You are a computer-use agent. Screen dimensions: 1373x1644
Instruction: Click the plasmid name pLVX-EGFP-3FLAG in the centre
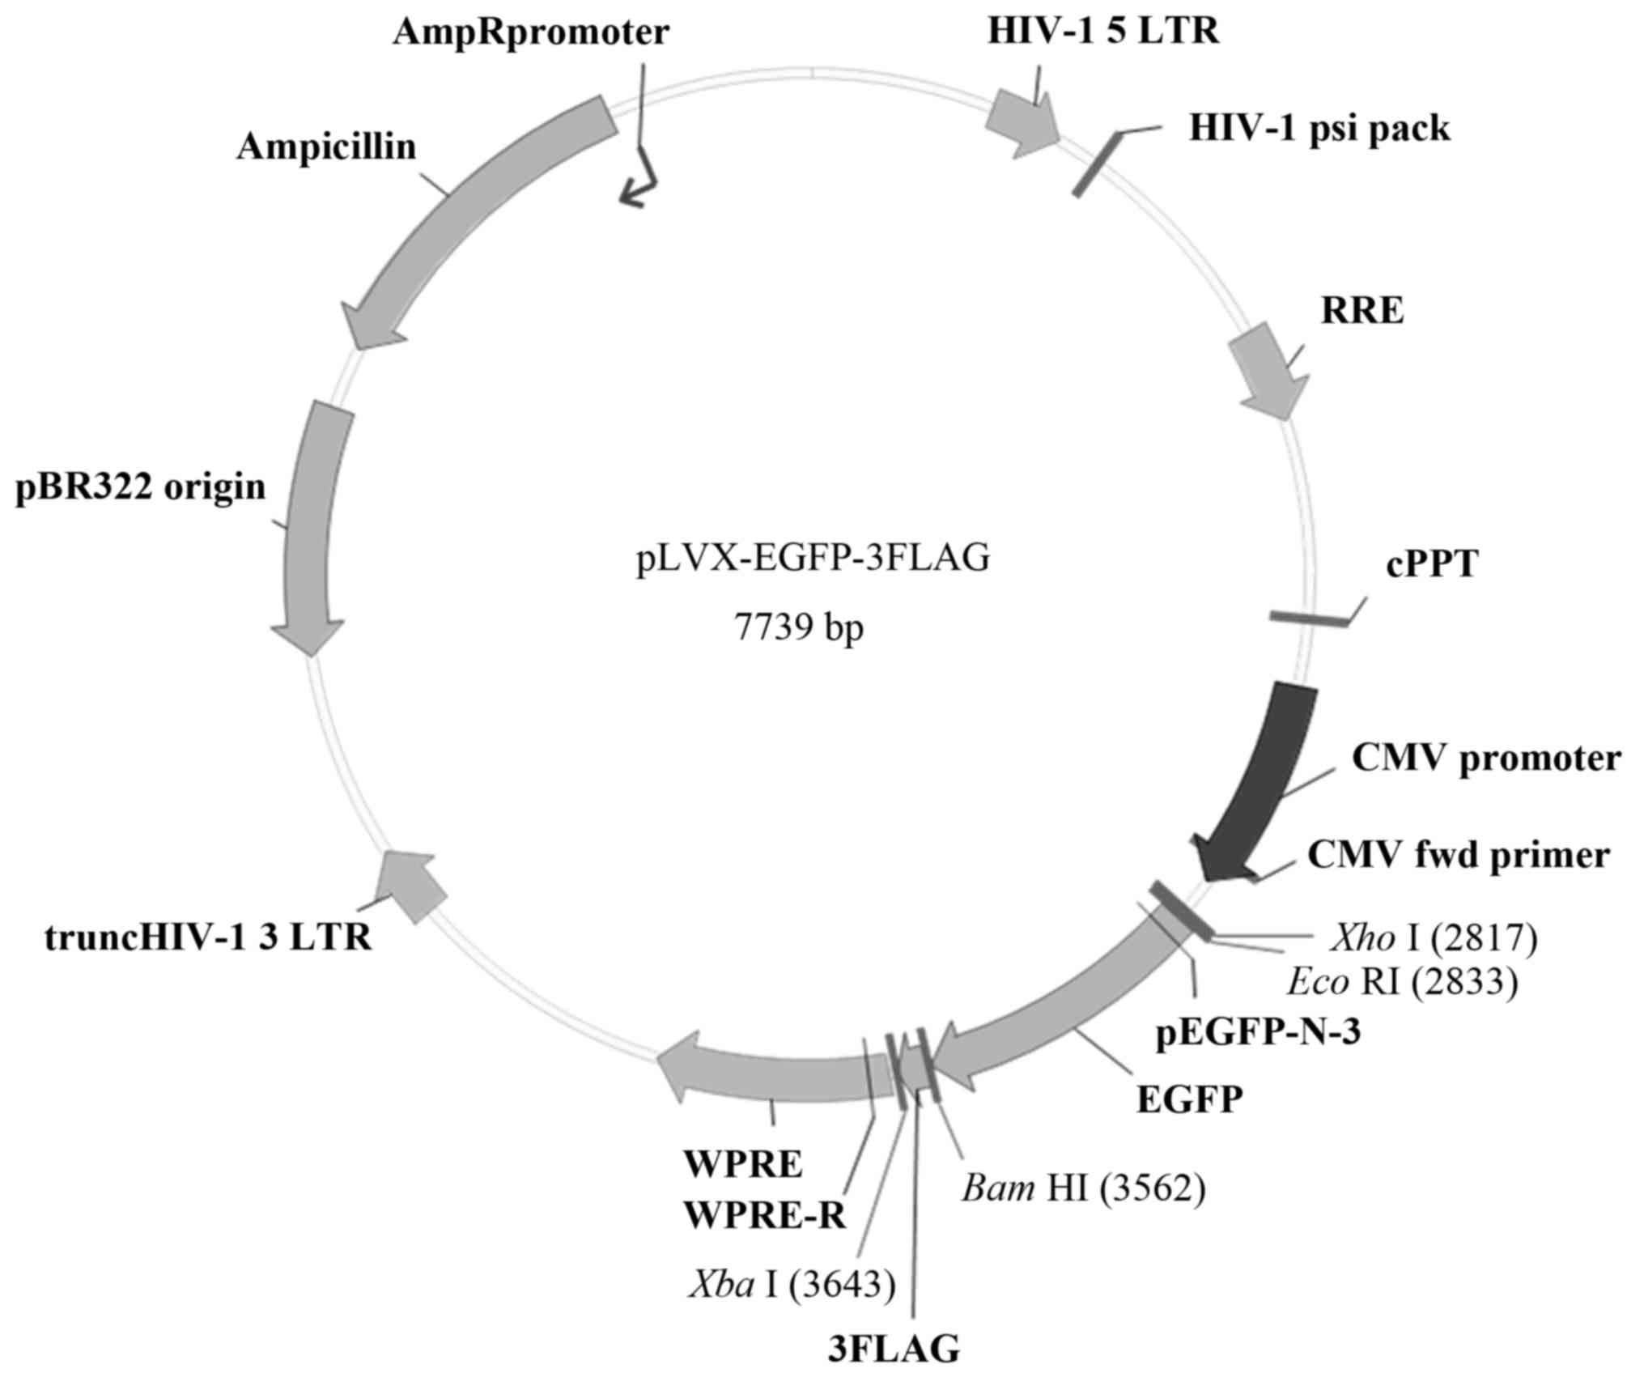pyautogui.click(x=813, y=559)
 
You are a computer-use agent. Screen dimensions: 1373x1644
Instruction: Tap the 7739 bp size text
pyautogui.click(x=799, y=627)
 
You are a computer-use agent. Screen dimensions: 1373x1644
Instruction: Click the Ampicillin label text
pyautogui.click(x=326, y=148)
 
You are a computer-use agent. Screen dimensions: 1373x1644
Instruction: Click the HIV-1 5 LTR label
pyautogui.click(x=1103, y=32)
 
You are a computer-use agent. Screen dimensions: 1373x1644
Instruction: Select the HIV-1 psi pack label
pyautogui.click(x=1319, y=129)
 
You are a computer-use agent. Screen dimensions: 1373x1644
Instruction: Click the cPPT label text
pyautogui.click(x=1432, y=563)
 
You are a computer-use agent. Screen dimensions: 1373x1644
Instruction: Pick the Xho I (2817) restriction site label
pyautogui.click(x=1434, y=937)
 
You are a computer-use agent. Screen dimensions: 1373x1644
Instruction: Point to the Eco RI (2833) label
pyautogui.click(x=1402, y=981)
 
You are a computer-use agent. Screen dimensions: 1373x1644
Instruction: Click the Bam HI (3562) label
pyautogui.click(x=1083, y=1188)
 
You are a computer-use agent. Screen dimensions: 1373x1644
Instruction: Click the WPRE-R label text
pyautogui.click(x=765, y=1215)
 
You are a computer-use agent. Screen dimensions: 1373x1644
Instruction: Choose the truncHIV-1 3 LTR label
pyautogui.click(x=209, y=937)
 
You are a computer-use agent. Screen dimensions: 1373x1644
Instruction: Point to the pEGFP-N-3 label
pyautogui.click(x=1257, y=1034)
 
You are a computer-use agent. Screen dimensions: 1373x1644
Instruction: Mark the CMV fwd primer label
pyautogui.click(x=1459, y=855)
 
